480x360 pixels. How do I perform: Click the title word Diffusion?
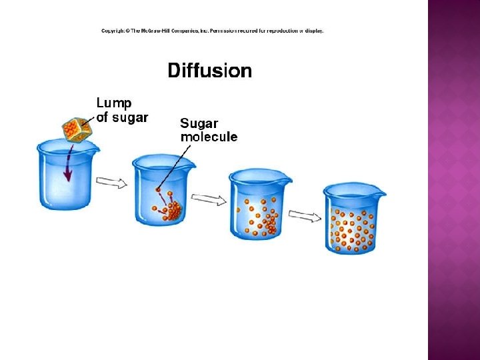tap(210, 71)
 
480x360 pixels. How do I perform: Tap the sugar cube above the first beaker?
tap(77, 129)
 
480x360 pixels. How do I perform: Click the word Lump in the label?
tap(114, 104)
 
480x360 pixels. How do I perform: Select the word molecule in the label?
tap(209, 137)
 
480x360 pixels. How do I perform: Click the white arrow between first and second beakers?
tap(111, 182)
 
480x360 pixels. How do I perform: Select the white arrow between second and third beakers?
tap(209, 199)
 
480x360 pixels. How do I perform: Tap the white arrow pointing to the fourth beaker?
tap(305, 216)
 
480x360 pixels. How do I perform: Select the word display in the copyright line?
tap(312, 31)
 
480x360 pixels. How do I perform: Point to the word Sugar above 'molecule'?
tap(198, 123)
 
